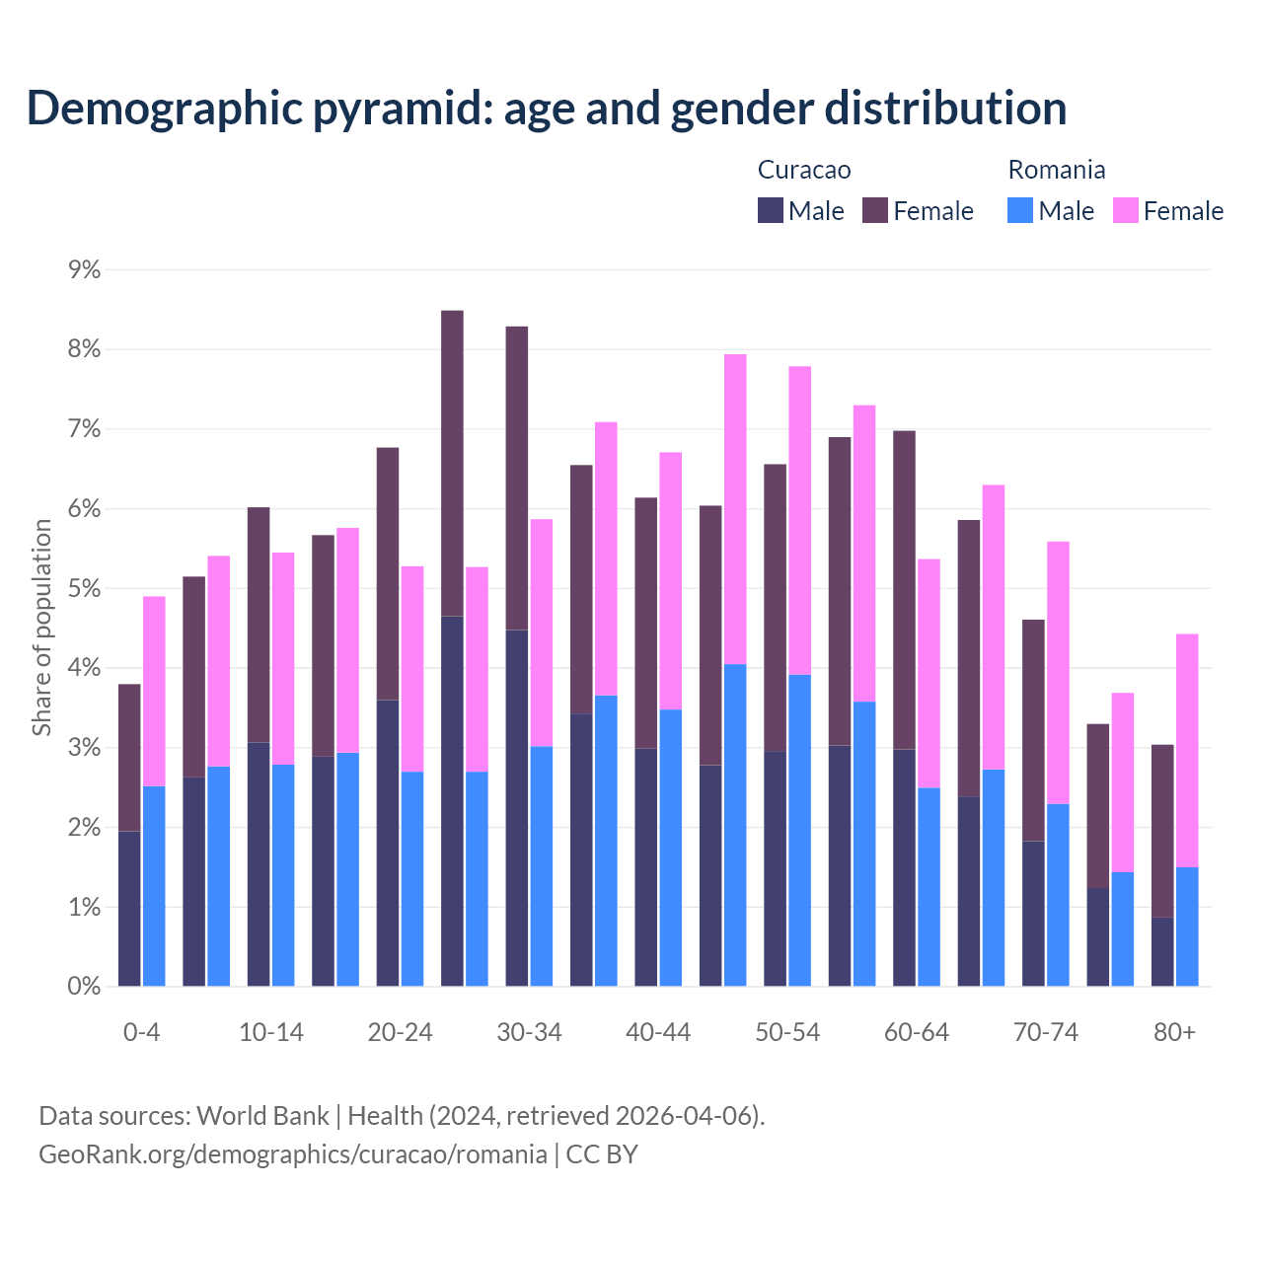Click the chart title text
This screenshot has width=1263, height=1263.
[x=547, y=109]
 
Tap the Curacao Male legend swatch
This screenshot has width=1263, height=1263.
[x=771, y=210]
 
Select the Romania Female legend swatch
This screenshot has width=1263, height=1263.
[x=1125, y=210]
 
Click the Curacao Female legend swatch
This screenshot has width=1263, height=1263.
[x=875, y=210]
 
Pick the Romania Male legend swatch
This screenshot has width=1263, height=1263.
[x=1020, y=210]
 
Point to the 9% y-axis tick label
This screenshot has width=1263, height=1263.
[x=84, y=269]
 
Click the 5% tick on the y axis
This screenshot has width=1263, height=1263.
[x=84, y=589]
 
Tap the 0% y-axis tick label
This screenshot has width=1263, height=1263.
[x=84, y=987]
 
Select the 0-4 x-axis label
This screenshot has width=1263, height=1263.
[x=141, y=1032]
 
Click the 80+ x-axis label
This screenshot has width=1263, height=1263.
[x=1174, y=1032]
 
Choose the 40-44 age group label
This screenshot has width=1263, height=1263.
[x=658, y=1032]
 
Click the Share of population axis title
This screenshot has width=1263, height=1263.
[x=41, y=628]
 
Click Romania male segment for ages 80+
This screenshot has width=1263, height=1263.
[x=1187, y=927]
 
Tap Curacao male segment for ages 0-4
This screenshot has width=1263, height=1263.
[x=129, y=908]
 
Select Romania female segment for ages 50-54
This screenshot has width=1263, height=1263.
[x=800, y=520]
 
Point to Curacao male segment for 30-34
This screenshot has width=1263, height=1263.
[x=516, y=807]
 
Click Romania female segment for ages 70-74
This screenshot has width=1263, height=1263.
[x=1058, y=673]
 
